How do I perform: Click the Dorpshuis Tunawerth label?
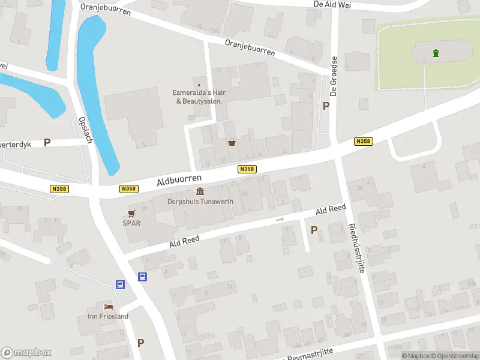[x=200, y=202]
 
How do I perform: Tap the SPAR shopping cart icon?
[x=131, y=213]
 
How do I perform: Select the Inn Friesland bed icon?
[x=108, y=307]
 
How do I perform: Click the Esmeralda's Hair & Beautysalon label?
[x=199, y=97]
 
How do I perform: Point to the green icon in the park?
[x=436, y=53]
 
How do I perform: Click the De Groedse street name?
[x=335, y=76]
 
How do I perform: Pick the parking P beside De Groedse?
[x=326, y=106]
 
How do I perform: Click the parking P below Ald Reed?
[x=314, y=230]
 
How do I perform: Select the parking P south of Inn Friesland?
[x=140, y=343]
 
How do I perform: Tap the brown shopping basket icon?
[x=232, y=142]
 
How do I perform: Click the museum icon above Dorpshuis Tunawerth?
[x=199, y=191]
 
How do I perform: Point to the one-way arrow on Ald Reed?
[x=280, y=220]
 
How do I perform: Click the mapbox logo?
[x=26, y=353]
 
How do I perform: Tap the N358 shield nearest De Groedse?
[x=363, y=142]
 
